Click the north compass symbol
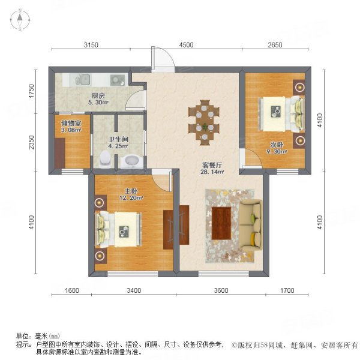[x=20, y=21]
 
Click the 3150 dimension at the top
[x=91, y=44]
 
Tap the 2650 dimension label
[x=275, y=44]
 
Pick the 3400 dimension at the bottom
[x=133, y=291]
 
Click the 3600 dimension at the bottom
[x=221, y=291]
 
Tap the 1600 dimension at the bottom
[x=71, y=291]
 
